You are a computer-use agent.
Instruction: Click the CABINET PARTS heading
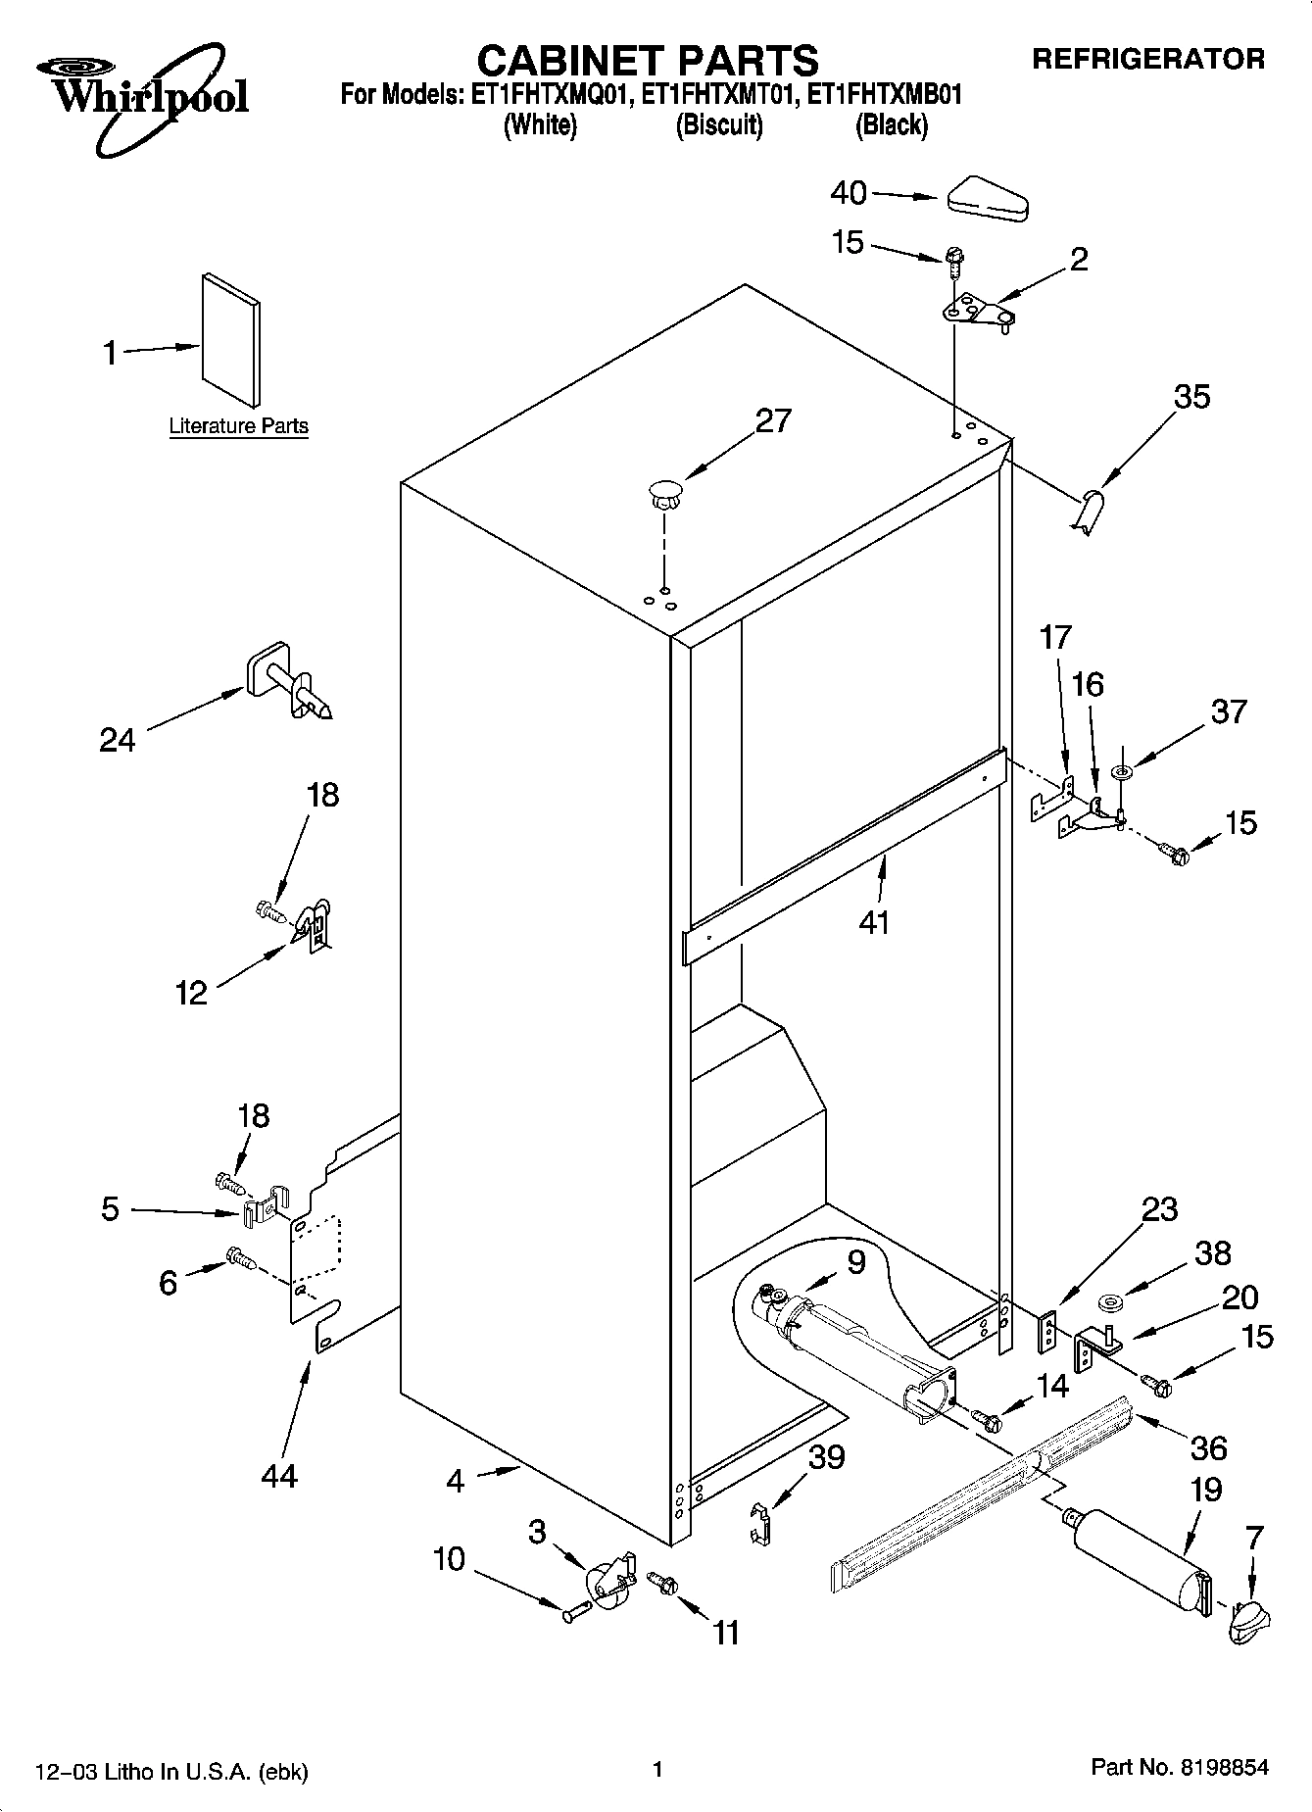647,61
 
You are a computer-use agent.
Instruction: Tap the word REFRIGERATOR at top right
1148,60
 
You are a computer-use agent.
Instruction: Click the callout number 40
849,193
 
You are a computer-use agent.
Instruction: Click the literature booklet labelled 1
232,339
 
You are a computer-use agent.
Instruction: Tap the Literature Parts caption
238,426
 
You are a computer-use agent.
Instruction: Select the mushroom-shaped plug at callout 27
664,491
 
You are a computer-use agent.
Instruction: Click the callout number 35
1191,397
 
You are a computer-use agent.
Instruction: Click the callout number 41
874,921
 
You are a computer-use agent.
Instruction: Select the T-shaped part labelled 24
287,683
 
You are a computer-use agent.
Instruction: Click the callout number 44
279,1475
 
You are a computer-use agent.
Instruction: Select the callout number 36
1209,1447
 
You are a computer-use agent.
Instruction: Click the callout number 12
191,993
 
